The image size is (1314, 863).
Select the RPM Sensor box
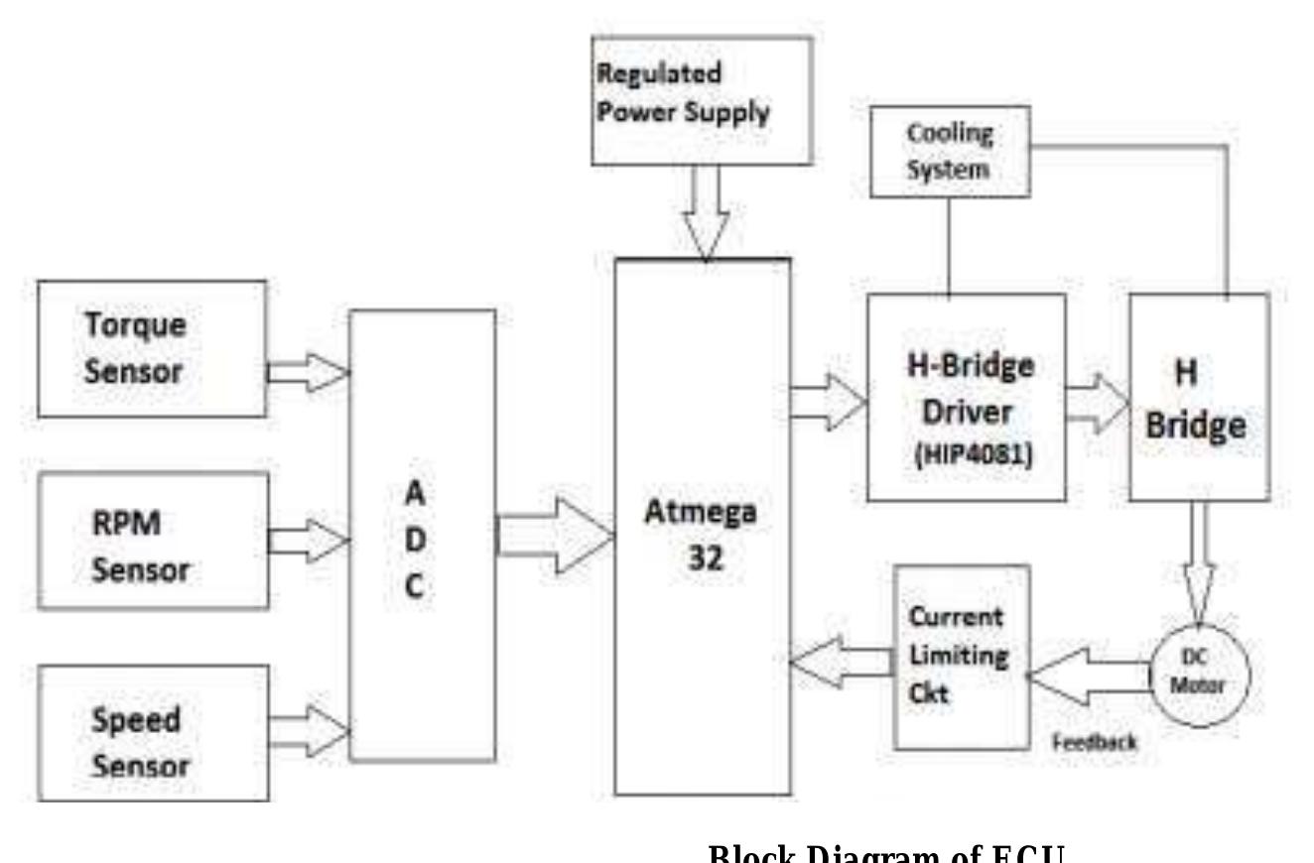151,541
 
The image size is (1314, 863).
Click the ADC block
422,536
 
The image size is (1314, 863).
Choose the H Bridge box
1198,397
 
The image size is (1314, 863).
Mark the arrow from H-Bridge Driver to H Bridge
1098,404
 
